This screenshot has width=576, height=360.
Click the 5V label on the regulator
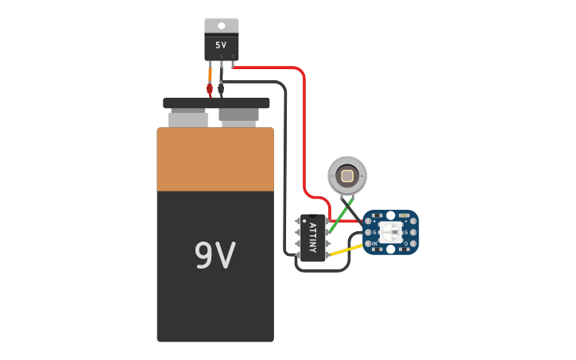(x=221, y=45)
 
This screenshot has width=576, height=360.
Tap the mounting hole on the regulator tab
(x=221, y=25)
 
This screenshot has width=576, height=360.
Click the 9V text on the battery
(x=215, y=255)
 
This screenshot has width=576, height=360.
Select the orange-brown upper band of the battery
(x=215, y=160)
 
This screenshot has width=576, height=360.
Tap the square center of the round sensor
(x=347, y=176)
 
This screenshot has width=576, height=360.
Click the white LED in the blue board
(x=390, y=232)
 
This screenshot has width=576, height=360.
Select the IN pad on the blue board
(x=368, y=242)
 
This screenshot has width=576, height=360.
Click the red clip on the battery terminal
(x=210, y=89)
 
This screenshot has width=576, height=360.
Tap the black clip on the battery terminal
(x=221, y=89)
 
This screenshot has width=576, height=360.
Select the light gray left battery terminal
(x=188, y=119)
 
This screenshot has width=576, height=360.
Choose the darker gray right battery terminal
(x=238, y=118)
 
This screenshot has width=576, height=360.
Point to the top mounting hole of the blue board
(x=390, y=214)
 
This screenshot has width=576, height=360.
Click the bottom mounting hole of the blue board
(x=390, y=251)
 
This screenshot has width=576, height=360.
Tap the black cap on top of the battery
(x=216, y=103)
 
